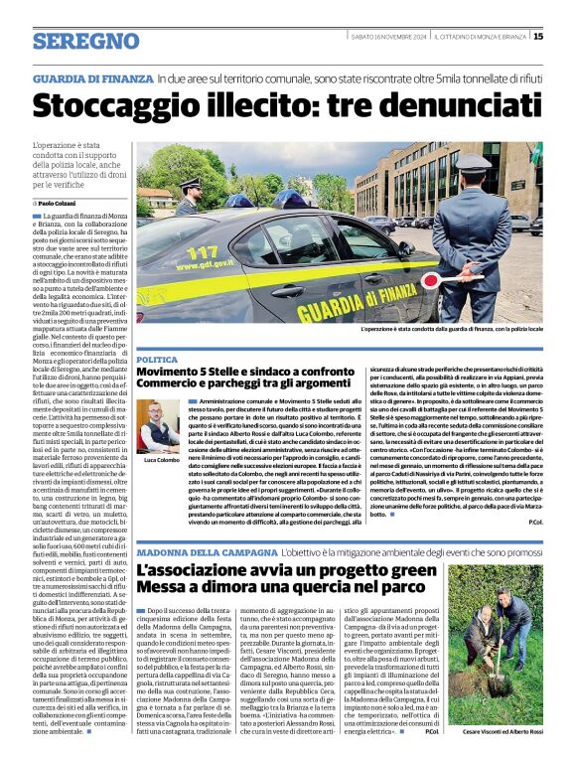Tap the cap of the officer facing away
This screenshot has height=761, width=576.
pos(468,165)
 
